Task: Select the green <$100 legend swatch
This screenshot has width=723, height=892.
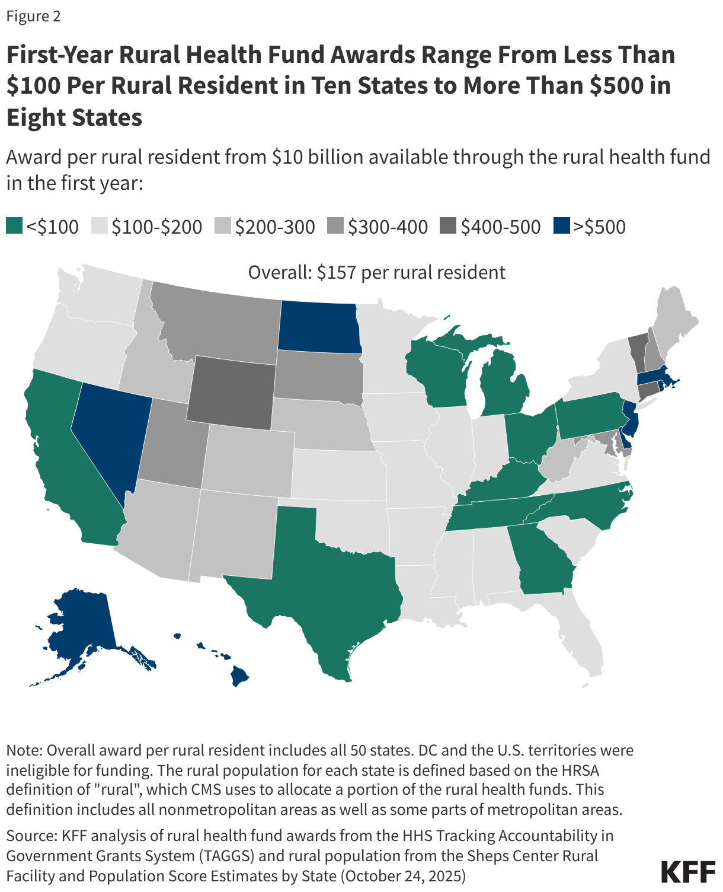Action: click(x=14, y=226)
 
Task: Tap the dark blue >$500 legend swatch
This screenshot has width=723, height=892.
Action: click(x=561, y=226)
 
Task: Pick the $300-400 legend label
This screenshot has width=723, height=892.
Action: click(x=388, y=227)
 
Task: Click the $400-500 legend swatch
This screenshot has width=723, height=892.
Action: click(x=448, y=226)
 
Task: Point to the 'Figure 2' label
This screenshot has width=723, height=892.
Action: click(x=34, y=17)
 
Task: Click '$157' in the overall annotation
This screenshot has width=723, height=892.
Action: click(x=336, y=273)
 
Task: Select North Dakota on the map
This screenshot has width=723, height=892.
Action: click(x=319, y=327)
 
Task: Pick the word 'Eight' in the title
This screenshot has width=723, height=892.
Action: click(x=35, y=117)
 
